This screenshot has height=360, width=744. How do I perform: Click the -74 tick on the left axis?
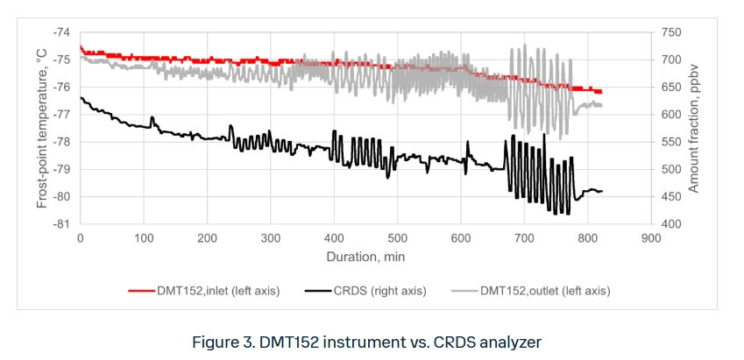(62, 32)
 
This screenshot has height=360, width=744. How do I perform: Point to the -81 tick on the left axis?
(62, 224)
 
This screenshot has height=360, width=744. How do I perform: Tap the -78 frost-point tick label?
(62, 142)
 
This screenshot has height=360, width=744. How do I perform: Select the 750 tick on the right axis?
(671, 32)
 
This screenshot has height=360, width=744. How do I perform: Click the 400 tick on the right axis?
(671, 224)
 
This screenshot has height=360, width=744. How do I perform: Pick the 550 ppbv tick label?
(671, 142)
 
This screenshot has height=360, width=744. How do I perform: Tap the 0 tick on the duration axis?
(81, 237)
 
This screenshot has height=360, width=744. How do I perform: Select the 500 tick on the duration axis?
(398, 237)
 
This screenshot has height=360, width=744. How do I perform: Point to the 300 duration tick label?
(271, 237)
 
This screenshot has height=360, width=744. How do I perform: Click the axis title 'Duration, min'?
(365, 258)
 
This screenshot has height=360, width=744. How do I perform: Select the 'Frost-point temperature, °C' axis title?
(41, 129)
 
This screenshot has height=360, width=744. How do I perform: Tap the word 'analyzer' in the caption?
(510, 342)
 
